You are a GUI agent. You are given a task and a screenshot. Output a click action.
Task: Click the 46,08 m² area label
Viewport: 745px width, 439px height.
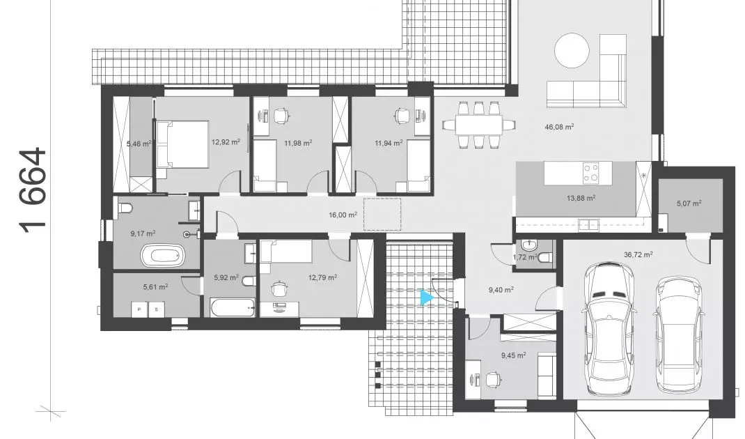coord(559,127)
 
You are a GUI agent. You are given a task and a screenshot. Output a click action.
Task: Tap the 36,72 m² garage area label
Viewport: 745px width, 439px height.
coord(638,254)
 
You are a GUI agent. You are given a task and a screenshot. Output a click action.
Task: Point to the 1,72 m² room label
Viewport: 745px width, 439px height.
coord(525,257)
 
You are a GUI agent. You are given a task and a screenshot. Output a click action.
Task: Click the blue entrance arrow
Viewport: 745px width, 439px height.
coord(427,298)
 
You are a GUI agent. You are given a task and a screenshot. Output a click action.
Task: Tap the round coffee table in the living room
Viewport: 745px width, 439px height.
coord(572,50)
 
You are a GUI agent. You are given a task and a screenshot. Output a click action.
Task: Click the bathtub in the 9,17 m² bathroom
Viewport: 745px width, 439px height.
coord(162,256)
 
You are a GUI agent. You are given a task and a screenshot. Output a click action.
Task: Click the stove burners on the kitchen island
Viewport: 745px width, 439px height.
coord(591,173)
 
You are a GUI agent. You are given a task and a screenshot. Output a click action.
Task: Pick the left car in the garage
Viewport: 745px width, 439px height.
coord(610,329)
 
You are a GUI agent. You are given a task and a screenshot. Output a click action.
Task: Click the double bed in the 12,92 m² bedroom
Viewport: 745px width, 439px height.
coord(182,144)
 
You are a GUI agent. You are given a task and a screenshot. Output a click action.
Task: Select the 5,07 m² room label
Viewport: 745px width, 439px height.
coord(689,203)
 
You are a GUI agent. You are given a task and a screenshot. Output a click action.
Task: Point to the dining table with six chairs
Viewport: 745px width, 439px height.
coord(480,125)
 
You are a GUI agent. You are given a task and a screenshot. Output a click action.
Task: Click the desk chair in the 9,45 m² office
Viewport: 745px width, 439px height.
coord(494,379)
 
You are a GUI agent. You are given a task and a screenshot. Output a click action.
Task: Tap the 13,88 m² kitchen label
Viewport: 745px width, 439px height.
coord(581,198)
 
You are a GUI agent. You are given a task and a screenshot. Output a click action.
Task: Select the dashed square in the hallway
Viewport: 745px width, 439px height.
coord(382,214)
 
